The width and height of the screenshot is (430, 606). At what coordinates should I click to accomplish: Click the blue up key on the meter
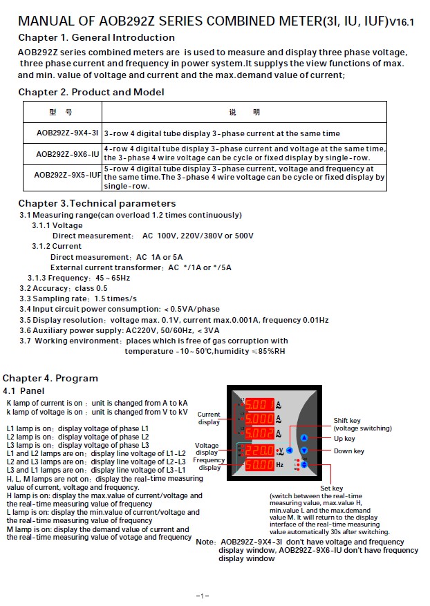click(x=303, y=438)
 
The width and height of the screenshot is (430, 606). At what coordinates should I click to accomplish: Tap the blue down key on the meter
click(x=303, y=451)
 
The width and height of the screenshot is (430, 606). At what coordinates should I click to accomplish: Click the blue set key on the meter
click(x=303, y=465)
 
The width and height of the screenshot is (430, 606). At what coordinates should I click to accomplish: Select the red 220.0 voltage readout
click(x=259, y=451)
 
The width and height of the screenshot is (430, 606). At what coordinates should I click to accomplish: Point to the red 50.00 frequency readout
click(x=259, y=465)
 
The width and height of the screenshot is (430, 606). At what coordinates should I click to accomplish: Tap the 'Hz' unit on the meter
click(x=280, y=465)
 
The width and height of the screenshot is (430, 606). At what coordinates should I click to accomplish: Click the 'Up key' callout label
click(x=344, y=438)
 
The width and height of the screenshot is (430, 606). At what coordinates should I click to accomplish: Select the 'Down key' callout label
click(x=348, y=451)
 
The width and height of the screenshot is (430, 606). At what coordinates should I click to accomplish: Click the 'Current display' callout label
click(x=209, y=418)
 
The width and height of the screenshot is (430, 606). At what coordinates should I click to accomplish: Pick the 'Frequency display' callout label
click(x=209, y=464)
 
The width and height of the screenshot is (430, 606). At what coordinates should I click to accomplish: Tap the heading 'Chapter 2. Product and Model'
click(x=91, y=92)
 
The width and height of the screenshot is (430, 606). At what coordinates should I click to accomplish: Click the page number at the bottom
click(x=203, y=595)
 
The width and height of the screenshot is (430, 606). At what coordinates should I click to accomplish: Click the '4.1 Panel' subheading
click(x=24, y=391)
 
